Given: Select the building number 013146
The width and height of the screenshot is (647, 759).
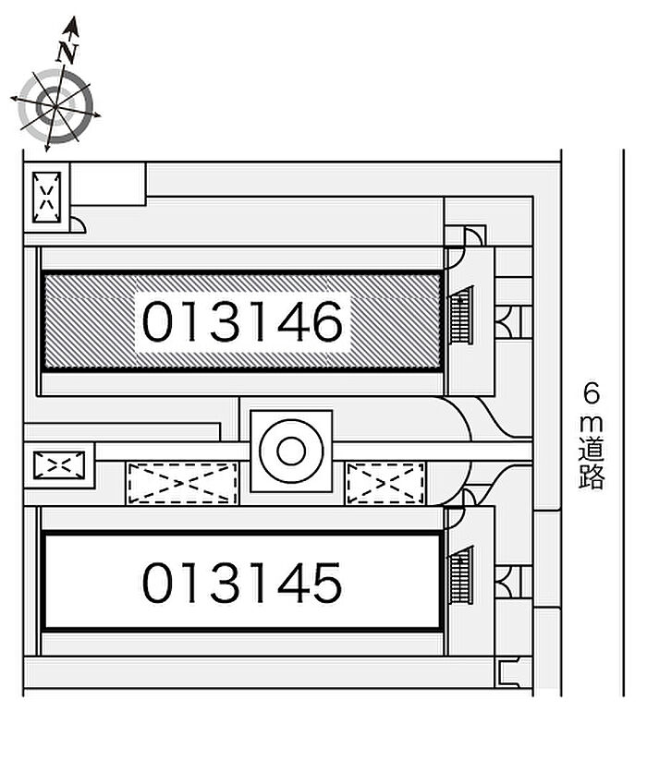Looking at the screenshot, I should [242, 321].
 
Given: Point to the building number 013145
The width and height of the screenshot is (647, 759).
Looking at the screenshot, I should [242, 583].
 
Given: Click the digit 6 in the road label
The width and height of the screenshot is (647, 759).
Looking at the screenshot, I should [592, 395].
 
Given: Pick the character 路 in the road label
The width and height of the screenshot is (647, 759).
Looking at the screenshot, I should [592, 477].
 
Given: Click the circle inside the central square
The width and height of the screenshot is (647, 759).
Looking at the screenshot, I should [291, 452].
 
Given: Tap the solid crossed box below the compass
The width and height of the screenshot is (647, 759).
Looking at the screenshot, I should [46, 195].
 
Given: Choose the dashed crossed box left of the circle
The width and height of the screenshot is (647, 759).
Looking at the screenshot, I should [182, 483].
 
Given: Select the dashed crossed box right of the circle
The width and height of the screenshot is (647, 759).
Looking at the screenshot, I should [385, 483].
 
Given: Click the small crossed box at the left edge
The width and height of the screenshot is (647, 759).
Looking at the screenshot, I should [58, 464].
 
